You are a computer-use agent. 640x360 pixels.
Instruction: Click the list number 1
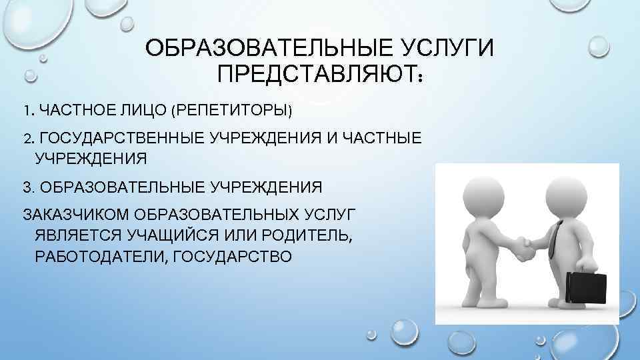pyautogui.click(x=26, y=109)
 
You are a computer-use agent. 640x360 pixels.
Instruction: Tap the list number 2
pyautogui.click(x=27, y=138)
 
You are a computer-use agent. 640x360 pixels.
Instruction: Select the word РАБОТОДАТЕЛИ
pyautogui.click(x=97, y=256)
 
